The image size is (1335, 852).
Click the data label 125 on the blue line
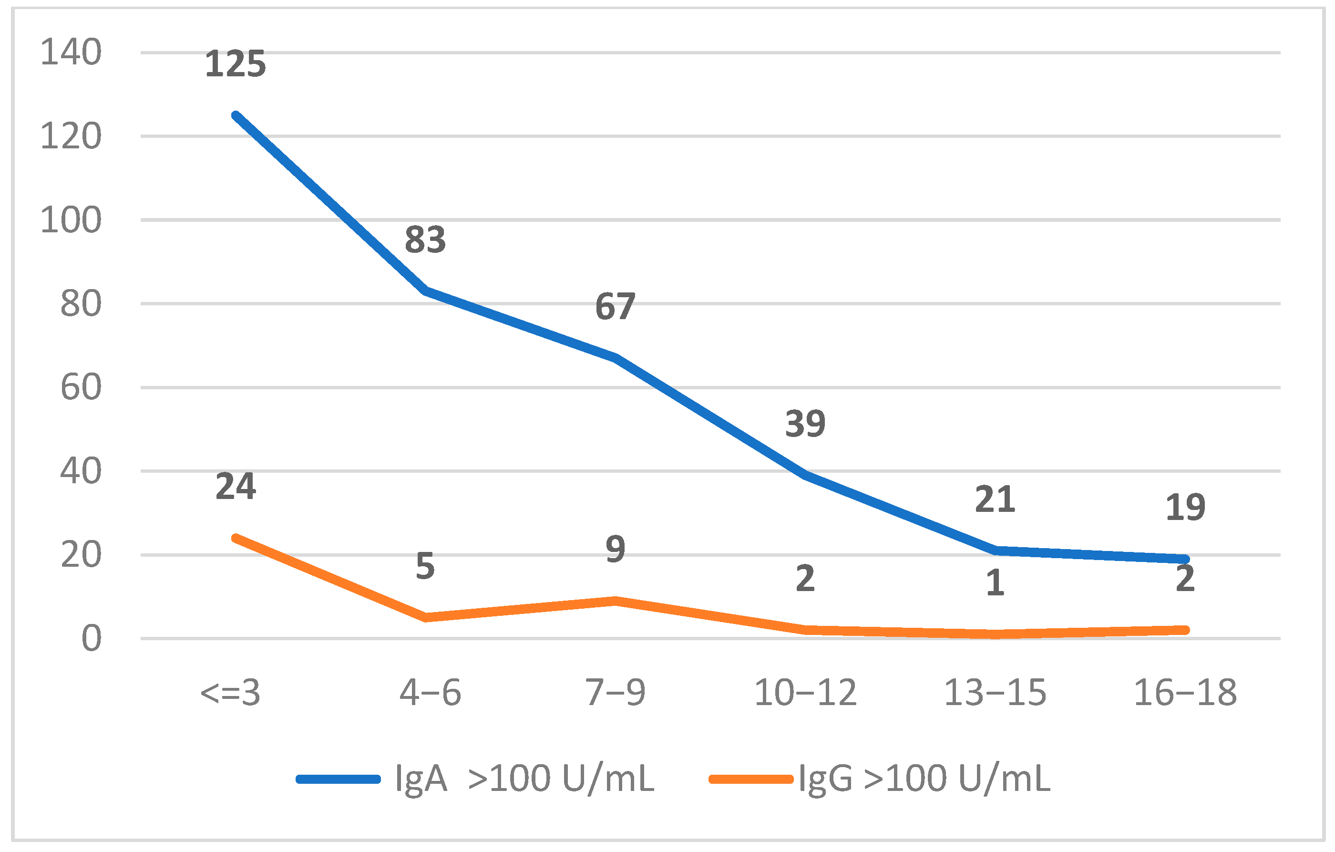pos(235,64)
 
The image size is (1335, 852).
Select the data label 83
pos(425,239)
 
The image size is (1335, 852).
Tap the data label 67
pos(615,306)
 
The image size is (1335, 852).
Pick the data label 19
pos(1185,507)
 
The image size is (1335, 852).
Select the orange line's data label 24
pos(235,487)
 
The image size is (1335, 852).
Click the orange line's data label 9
pos(616,549)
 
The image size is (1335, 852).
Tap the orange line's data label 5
pos(425,566)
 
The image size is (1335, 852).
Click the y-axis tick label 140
pos(71,52)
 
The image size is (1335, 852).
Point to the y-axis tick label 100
pos(71,220)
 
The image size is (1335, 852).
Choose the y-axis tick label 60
pos(81,387)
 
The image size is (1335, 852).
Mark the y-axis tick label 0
pos(92,638)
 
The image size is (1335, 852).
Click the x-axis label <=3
pos(230,693)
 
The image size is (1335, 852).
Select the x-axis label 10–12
pos(805,693)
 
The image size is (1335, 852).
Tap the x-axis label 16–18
pos(1185,693)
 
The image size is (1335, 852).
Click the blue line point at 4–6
pos(425,291)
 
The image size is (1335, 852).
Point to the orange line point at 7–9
pos(616,601)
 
